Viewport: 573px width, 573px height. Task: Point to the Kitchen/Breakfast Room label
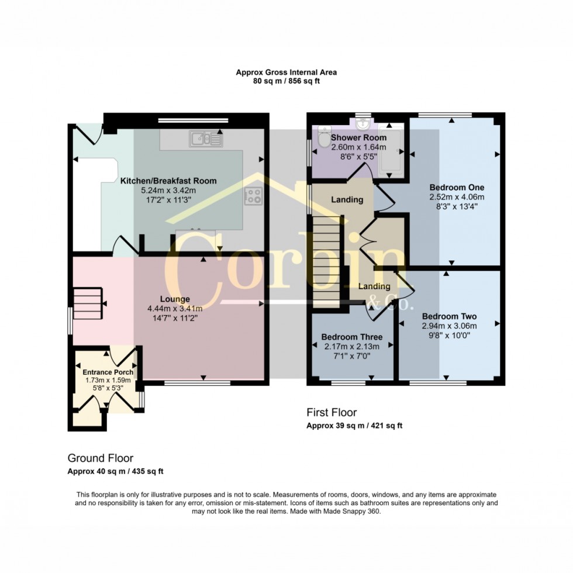tap(168, 181)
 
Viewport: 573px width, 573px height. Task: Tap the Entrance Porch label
tap(108, 372)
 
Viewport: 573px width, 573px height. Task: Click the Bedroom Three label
tap(352, 337)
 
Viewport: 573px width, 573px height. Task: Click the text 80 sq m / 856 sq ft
tap(286, 82)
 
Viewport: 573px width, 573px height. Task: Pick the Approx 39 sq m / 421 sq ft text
tap(354, 426)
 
